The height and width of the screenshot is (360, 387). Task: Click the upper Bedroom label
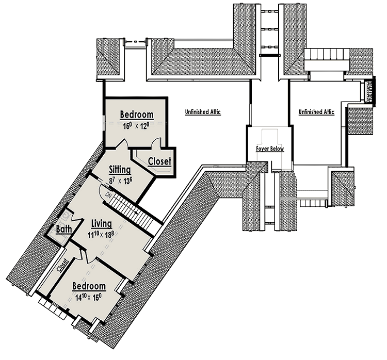pyautogui.click(x=137, y=114)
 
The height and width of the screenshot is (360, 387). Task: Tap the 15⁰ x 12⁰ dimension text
pyautogui.click(x=137, y=124)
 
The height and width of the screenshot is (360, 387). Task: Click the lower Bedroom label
pyautogui.click(x=89, y=286)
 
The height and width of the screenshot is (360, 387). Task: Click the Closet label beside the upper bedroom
pyautogui.click(x=159, y=161)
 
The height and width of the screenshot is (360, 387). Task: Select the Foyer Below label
pyautogui.click(x=270, y=149)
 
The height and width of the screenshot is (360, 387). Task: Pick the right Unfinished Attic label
pyautogui.click(x=316, y=111)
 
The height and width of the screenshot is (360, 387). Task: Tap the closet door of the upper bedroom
pyautogui.click(x=140, y=154)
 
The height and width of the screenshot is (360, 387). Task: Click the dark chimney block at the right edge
pyautogui.click(x=368, y=92)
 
